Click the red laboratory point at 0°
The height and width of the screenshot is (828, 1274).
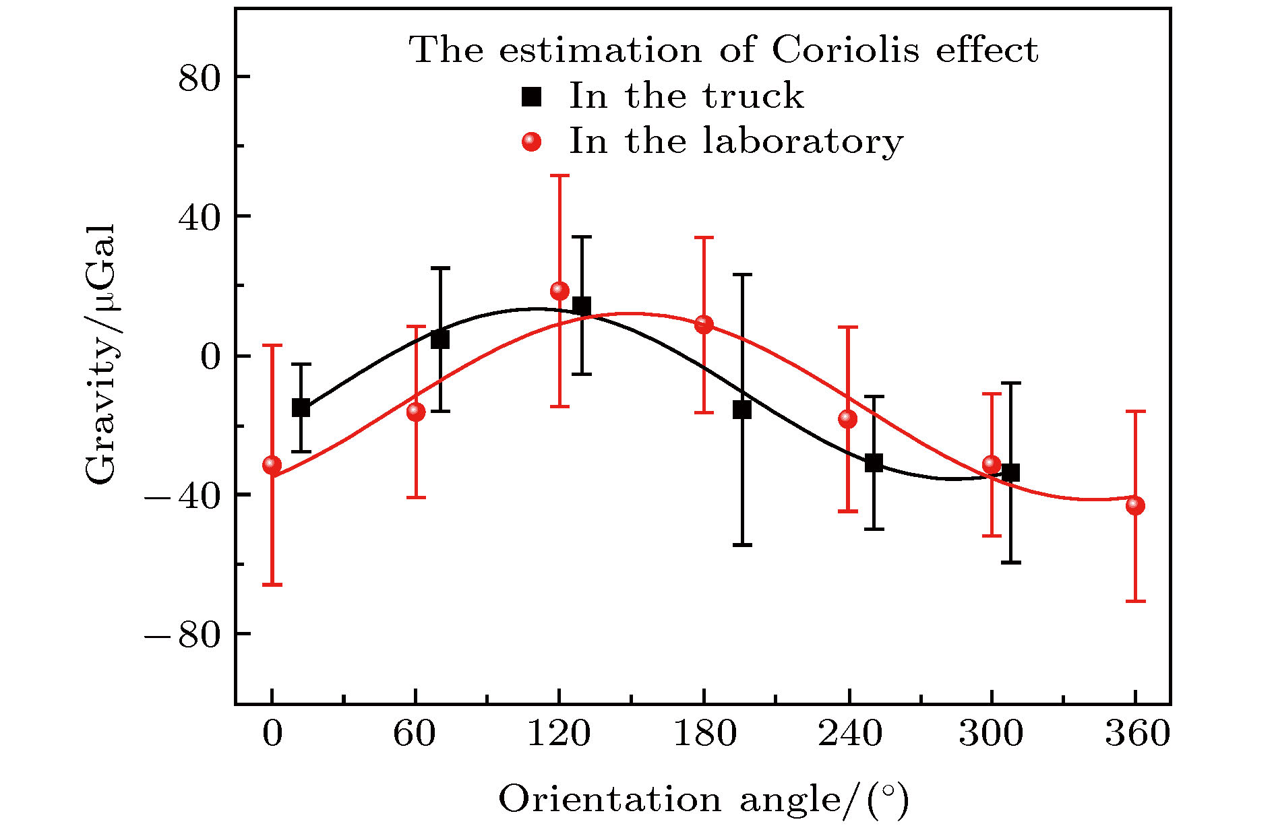pyautogui.click(x=272, y=464)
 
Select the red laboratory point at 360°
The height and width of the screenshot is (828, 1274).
pyautogui.click(x=1135, y=505)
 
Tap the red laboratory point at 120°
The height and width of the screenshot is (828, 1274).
pyautogui.click(x=559, y=291)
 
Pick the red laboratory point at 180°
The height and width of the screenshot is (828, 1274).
pyautogui.click(x=704, y=325)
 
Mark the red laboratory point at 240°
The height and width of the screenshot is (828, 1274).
pyautogui.click(x=847, y=419)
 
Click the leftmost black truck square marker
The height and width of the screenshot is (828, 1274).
pyautogui.click(x=301, y=408)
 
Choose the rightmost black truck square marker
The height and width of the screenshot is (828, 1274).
pyautogui.click(x=1010, y=473)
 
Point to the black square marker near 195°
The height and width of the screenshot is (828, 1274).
pyautogui.click(x=742, y=410)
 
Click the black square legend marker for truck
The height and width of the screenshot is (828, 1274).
pyautogui.click(x=532, y=97)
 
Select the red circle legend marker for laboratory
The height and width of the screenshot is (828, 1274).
pyautogui.click(x=532, y=141)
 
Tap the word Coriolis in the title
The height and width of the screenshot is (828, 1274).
pyautogui.click(x=845, y=51)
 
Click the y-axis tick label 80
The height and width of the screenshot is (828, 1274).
pyautogui.click(x=200, y=79)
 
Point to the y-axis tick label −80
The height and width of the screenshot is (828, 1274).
pyautogui.click(x=183, y=635)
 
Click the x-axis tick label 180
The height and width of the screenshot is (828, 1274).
pyautogui.click(x=704, y=734)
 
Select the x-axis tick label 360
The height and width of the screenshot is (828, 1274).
pyautogui.click(x=1137, y=734)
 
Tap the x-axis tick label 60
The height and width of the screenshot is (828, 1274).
pyautogui.click(x=415, y=734)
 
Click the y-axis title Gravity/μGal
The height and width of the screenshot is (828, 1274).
pyautogui.click(x=101, y=354)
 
